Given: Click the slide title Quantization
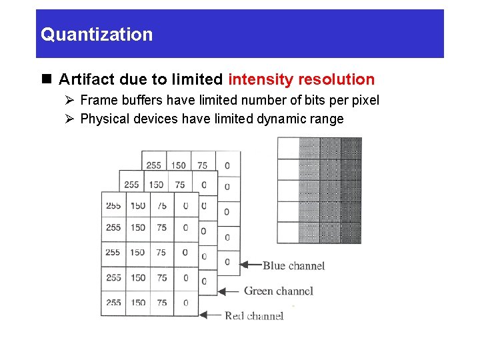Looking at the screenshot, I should click(97, 34).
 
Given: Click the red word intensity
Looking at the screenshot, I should click(261, 79).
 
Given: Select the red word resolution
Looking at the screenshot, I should click(336, 79).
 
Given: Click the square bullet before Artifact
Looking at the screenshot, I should click(47, 79).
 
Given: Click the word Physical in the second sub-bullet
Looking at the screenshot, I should click(105, 119).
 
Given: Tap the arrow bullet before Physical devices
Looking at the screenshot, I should click(70, 119).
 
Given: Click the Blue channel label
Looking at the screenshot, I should click(293, 265).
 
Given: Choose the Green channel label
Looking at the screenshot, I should click(278, 291).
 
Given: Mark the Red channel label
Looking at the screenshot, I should click(254, 315).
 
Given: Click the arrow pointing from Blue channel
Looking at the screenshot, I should click(250, 265).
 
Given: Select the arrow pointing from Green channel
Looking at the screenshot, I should click(229, 291).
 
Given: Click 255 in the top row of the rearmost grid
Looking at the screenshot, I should click(153, 165).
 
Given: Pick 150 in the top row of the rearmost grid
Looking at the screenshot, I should click(178, 165).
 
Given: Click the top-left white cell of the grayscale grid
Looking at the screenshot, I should click(288, 148).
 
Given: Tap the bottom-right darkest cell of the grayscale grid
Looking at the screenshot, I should click(351, 233).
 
